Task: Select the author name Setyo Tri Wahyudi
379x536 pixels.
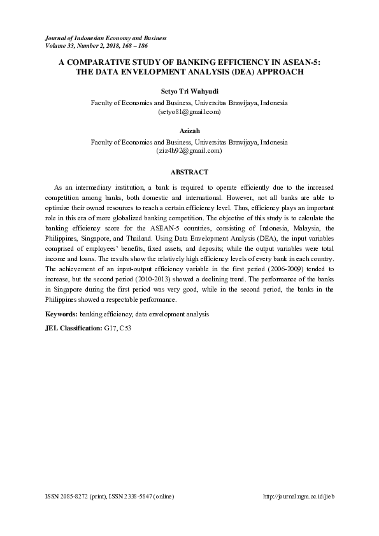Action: click(x=189, y=92)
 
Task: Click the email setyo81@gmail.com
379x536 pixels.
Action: click(x=189, y=111)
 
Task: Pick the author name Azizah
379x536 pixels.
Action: click(x=189, y=131)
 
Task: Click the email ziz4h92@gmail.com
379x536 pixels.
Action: click(x=189, y=151)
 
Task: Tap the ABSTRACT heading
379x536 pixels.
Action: click(x=189, y=172)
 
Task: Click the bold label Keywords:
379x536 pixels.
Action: click(x=62, y=314)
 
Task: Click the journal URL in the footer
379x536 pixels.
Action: click(x=298, y=496)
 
